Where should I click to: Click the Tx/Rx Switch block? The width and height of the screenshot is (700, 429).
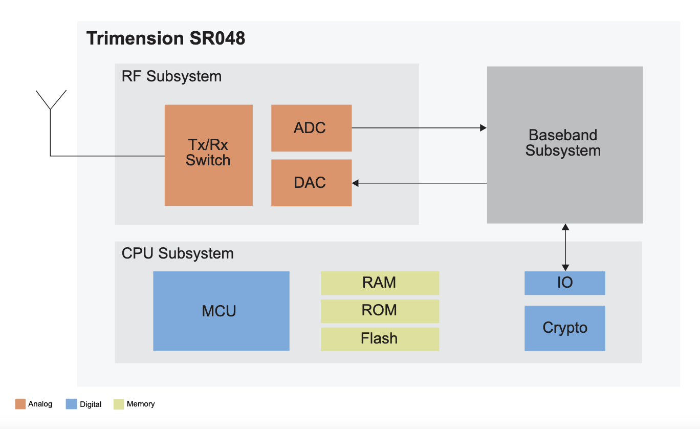click(x=208, y=155)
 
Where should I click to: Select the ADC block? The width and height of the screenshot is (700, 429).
click(x=311, y=128)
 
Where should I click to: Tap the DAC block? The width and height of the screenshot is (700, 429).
click(x=311, y=183)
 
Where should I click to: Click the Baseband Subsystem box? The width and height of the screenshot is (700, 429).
click(x=564, y=144)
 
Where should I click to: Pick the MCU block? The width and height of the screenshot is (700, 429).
click(x=221, y=311)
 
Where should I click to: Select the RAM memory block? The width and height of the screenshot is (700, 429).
click(x=380, y=283)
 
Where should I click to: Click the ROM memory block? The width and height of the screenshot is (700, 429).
click(x=380, y=311)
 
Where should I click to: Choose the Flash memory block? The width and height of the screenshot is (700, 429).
click(x=380, y=338)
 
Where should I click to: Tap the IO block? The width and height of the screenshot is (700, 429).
click(x=564, y=283)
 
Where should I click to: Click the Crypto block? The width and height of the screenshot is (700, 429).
click(x=564, y=328)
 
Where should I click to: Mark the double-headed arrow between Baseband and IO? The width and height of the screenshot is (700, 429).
click(x=565, y=247)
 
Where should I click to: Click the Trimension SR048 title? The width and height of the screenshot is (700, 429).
click(x=165, y=38)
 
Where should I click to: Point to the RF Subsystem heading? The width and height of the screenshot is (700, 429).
click(x=171, y=76)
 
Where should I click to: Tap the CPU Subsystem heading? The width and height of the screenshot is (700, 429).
click(x=178, y=253)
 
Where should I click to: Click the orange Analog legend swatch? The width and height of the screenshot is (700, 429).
click(x=20, y=404)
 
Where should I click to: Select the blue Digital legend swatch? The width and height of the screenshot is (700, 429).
click(x=71, y=404)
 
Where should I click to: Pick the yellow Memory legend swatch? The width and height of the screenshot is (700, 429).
click(x=119, y=404)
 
